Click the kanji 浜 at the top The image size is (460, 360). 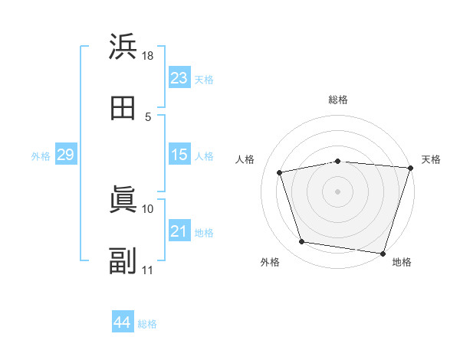[123, 47]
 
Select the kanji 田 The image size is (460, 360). [123, 108]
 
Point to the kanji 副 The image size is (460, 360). [123, 261]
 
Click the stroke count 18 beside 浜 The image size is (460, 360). [148, 56]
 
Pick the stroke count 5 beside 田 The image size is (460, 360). [148, 117]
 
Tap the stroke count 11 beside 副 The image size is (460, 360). [148, 270]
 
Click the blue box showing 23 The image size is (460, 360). [179, 78]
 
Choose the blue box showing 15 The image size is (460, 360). [179, 155]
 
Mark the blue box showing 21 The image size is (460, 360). [179, 231]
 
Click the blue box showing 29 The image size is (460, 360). [65, 155]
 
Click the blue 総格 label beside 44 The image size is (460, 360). [147, 324]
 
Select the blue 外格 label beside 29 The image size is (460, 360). [41, 156]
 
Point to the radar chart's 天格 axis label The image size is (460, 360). [431, 159]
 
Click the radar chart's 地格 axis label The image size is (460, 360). [402, 263]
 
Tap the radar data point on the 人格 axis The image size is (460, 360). [280, 172]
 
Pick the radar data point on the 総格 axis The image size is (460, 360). [337, 161]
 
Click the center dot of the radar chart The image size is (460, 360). [337, 191]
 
